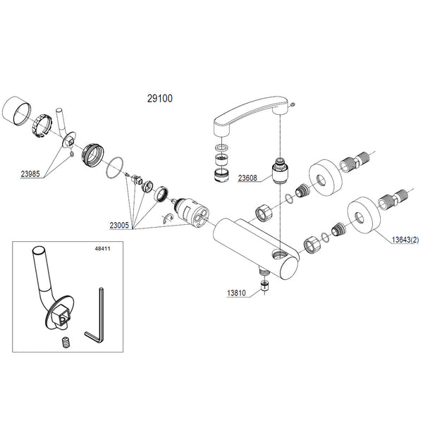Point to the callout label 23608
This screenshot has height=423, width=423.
tap(250, 178)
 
